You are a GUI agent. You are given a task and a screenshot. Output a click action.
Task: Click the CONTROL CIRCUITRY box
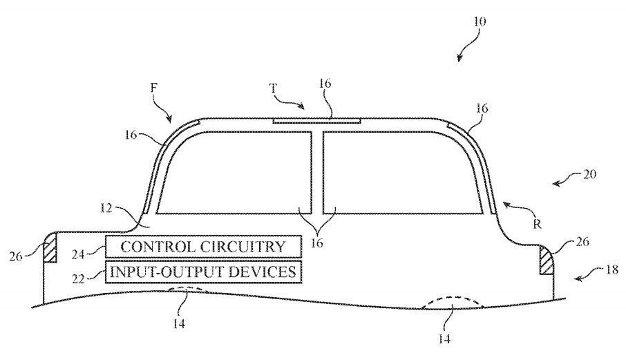203,246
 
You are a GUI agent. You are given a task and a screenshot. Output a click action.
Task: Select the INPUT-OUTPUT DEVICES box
203,271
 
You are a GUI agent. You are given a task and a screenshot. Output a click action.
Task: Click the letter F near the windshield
153,88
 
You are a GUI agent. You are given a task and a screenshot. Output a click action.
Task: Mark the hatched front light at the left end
50,247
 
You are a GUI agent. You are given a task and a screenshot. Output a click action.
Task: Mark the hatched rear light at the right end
546,261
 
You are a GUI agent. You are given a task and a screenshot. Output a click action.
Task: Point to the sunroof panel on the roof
316,120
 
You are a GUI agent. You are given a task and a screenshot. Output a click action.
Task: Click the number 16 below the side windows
317,243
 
